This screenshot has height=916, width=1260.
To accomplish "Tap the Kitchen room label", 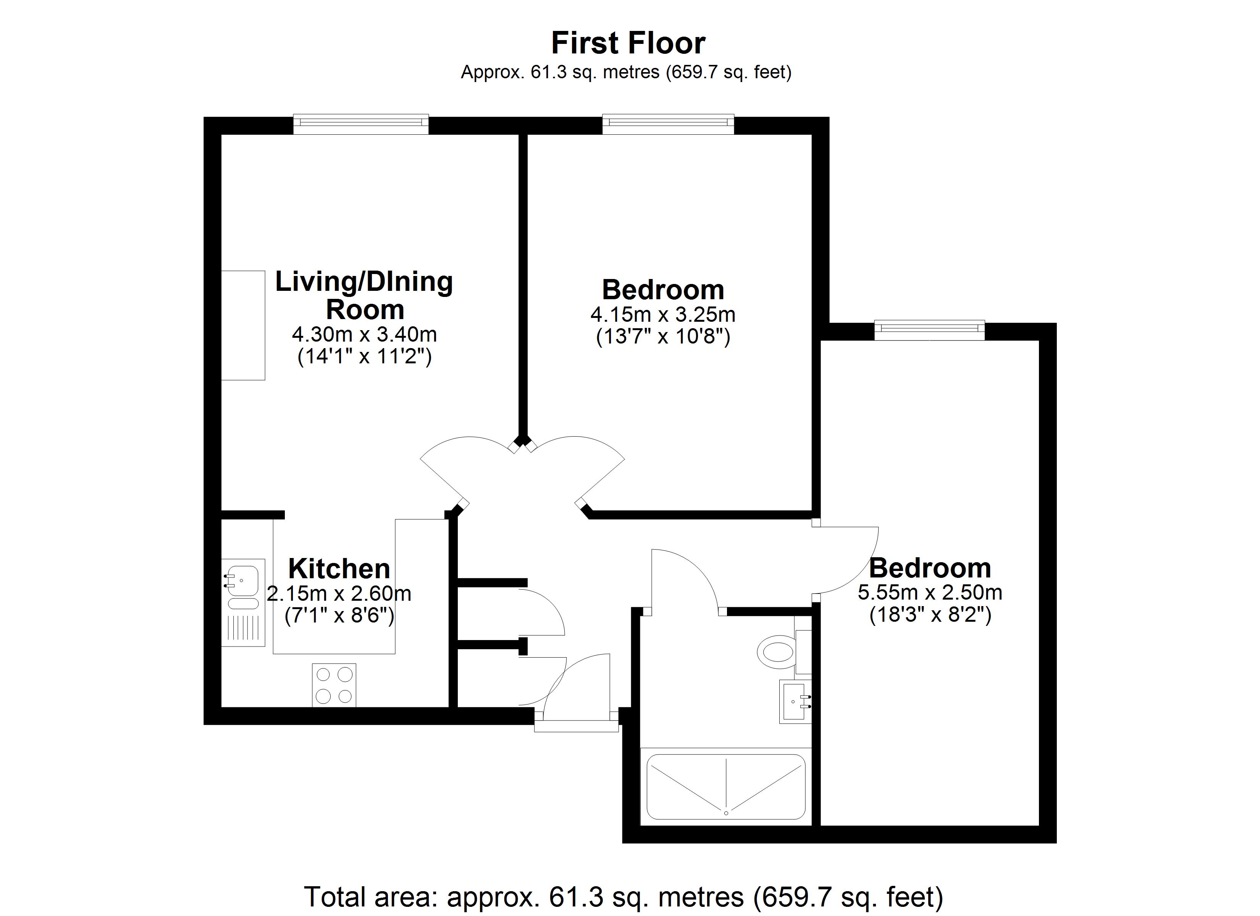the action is (x=339, y=569).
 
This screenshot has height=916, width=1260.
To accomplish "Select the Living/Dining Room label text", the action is (x=364, y=295).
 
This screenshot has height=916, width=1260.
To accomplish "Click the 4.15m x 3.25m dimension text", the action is (x=663, y=315).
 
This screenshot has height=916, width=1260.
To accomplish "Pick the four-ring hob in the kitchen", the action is (x=334, y=685).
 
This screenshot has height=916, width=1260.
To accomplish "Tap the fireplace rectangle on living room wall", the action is (x=243, y=326).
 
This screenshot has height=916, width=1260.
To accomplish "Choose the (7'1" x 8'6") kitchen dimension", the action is (x=339, y=616).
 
